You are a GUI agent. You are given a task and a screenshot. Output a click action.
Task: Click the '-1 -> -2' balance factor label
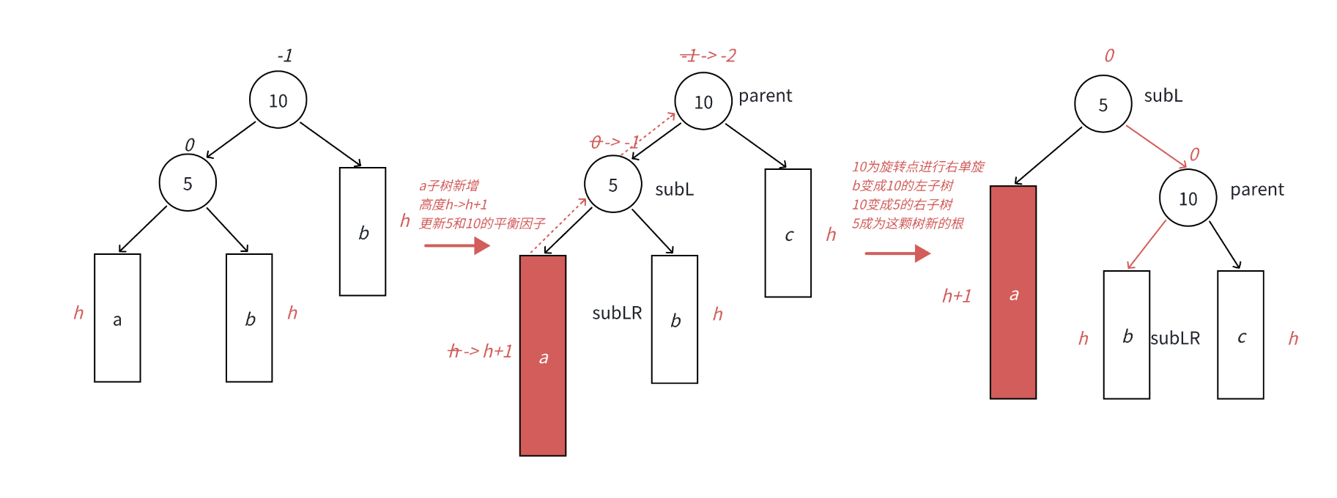click(x=708, y=56)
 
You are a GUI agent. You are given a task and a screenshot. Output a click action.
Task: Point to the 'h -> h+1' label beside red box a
click(x=480, y=352)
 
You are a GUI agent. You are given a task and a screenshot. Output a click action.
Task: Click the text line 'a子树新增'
click(x=449, y=186)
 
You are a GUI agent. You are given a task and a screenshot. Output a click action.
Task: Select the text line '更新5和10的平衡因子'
click(x=482, y=223)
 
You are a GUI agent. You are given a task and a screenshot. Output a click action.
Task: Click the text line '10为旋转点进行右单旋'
click(x=918, y=167)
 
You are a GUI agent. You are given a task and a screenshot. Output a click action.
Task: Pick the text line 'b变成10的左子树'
click(x=903, y=186)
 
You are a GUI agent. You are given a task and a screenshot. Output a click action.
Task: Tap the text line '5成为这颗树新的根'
click(x=908, y=223)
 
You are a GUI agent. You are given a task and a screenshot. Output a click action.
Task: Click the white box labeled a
click(x=117, y=318)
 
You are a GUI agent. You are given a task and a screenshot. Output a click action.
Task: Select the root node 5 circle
click(x=1103, y=105)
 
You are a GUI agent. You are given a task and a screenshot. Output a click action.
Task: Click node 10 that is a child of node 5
click(x=1188, y=198)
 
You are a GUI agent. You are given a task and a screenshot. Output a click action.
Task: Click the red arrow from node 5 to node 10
click(x=1155, y=146)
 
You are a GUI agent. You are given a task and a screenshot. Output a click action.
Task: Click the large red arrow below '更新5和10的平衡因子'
click(x=456, y=245)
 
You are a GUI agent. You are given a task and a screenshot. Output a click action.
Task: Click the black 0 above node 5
click(x=190, y=145)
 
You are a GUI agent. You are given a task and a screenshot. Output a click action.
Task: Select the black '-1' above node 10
click(x=285, y=56)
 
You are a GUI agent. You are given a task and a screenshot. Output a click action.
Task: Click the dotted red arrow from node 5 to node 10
click(x=648, y=133)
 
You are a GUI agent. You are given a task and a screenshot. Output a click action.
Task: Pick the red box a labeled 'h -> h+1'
click(x=543, y=355)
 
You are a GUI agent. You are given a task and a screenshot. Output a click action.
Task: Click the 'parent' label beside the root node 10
click(x=765, y=96)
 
